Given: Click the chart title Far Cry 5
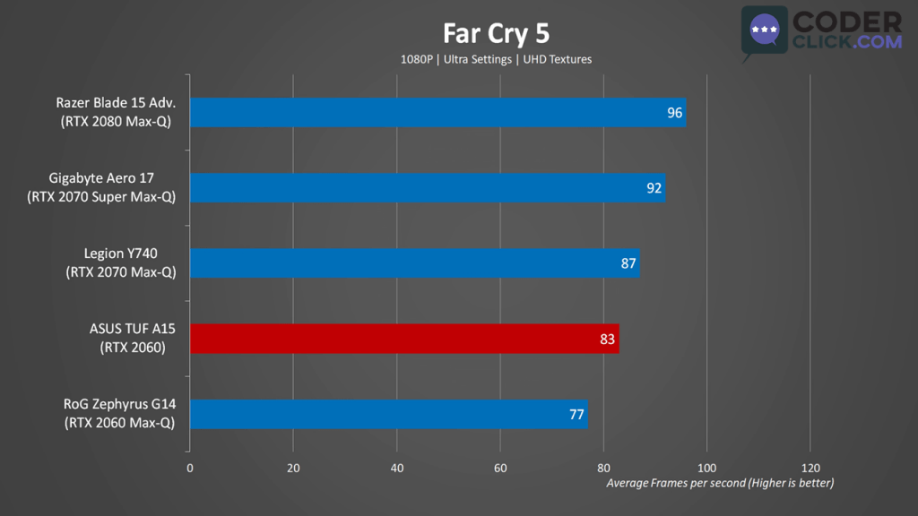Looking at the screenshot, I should click(x=496, y=33).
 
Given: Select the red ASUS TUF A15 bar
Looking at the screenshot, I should click(x=403, y=339).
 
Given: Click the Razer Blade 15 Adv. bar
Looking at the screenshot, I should click(x=437, y=113).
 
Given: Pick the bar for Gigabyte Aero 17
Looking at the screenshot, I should click(x=427, y=188).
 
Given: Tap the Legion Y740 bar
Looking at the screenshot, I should click(x=414, y=263).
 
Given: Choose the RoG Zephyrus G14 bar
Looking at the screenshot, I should click(x=388, y=414).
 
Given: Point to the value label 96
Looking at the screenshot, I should click(x=674, y=113).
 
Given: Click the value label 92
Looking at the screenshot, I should click(x=654, y=188).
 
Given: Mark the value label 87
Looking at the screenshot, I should click(x=628, y=263).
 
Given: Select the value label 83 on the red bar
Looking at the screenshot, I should click(x=607, y=340).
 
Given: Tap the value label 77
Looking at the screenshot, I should click(x=576, y=415).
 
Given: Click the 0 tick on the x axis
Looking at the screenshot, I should click(x=190, y=468).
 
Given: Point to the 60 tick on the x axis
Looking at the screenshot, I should click(x=500, y=468).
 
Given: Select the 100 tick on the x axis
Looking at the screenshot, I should click(x=706, y=468).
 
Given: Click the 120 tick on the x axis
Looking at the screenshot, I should click(x=810, y=468).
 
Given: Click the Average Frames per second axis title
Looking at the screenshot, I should click(x=720, y=484).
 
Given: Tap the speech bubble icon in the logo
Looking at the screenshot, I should click(x=764, y=31).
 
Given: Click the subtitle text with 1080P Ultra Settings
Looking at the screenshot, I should click(x=496, y=59).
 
